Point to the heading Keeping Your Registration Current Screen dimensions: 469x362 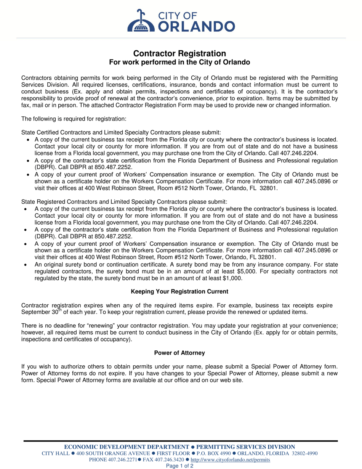pos(179,292)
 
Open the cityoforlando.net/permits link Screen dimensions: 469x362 pos(230,460)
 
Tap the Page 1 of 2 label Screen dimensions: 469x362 pos(181,466)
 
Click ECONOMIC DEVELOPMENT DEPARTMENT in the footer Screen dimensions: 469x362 pos(126,447)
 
